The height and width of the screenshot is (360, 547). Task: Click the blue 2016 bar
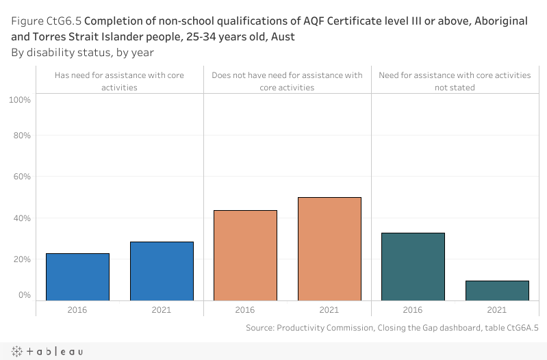pyautogui.click(x=77, y=277)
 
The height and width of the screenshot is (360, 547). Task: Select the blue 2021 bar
pyautogui.click(x=162, y=271)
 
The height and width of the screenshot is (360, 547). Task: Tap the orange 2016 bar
pyautogui.click(x=245, y=255)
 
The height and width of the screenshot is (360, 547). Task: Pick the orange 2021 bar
pyautogui.click(x=329, y=248)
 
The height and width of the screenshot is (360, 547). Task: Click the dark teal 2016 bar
pyautogui.click(x=413, y=266)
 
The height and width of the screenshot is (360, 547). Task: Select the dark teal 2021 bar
pyautogui.click(x=497, y=290)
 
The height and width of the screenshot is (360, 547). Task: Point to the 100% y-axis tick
pyautogui.click(x=20, y=100)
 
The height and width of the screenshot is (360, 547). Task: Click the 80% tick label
pyautogui.click(x=21, y=136)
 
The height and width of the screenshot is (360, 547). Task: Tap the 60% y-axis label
pyautogui.click(x=21, y=177)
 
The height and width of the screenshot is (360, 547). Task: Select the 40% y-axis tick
pyautogui.click(x=21, y=218)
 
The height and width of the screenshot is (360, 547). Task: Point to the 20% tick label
pyautogui.click(x=21, y=259)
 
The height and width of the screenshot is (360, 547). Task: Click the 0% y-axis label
pyautogui.click(x=24, y=295)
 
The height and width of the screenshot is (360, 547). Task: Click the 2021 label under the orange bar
pyautogui.click(x=329, y=310)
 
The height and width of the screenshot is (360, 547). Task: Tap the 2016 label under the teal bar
pyautogui.click(x=413, y=310)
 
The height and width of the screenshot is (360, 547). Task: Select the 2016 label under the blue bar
pyautogui.click(x=77, y=310)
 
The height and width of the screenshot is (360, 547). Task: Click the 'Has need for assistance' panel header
pyautogui.click(x=119, y=81)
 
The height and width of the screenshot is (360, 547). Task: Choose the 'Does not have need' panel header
pyautogui.click(x=288, y=81)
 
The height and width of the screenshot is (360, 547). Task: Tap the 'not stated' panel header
pyautogui.click(x=455, y=81)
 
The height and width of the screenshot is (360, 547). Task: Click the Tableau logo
pyautogui.click(x=47, y=351)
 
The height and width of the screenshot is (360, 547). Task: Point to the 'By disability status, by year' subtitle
pyautogui.click(x=82, y=52)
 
